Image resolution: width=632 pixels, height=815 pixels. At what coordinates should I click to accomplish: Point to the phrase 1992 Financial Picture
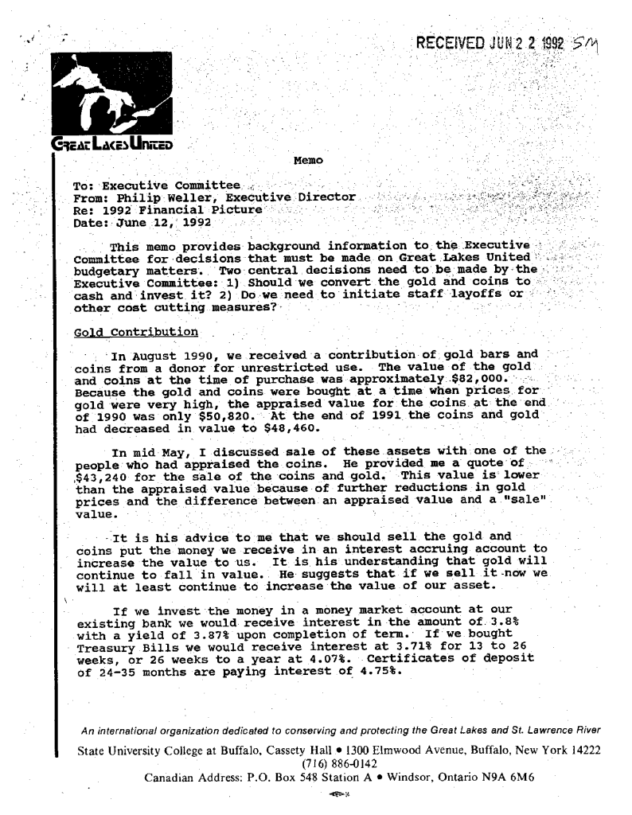coord(181,209)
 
